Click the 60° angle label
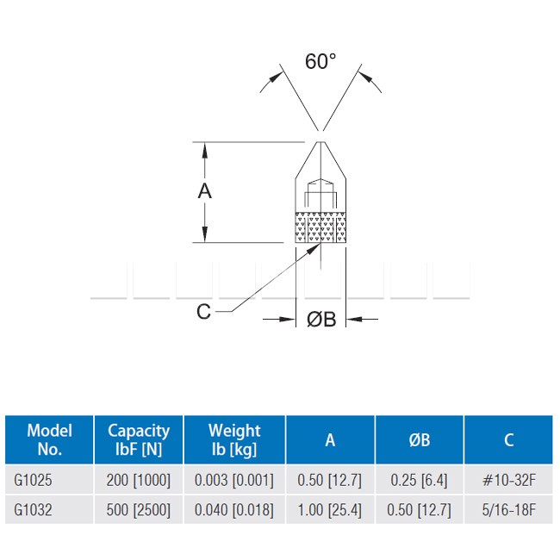pyautogui.click(x=320, y=61)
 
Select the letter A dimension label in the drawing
pyautogui.click(x=205, y=190)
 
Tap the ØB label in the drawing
pyautogui.click(x=321, y=319)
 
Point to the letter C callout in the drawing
pyautogui.click(x=203, y=311)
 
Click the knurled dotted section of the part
pyautogui.click(x=320, y=227)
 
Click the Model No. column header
pyautogui.click(x=50, y=439)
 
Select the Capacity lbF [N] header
pyautogui.click(x=139, y=439)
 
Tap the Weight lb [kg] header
pyautogui.click(x=234, y=439)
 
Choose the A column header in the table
pyautogui.click(x=330, y=440)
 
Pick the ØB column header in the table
pyautogui.click(x=420, y=440)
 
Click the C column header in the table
pyautogui.click(x=508, y=440)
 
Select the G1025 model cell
pyautogui.click(x=33, y=480)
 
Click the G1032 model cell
pyautogui.click(x=33, y=510)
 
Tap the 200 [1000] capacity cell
pyautogui.click(x=139, y=480)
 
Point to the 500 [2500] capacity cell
pyautogui.click(x=139, y=510)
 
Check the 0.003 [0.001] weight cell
pyautogui.click(x=234, y=480)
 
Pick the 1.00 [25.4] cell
pyautogui.click(x=330, y=510)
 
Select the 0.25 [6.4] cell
pyautogui.click(x=419, y=480)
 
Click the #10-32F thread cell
pyautogui.click(x=509, y=480)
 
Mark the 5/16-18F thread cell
pyautogui.click(x=509, y=510)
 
